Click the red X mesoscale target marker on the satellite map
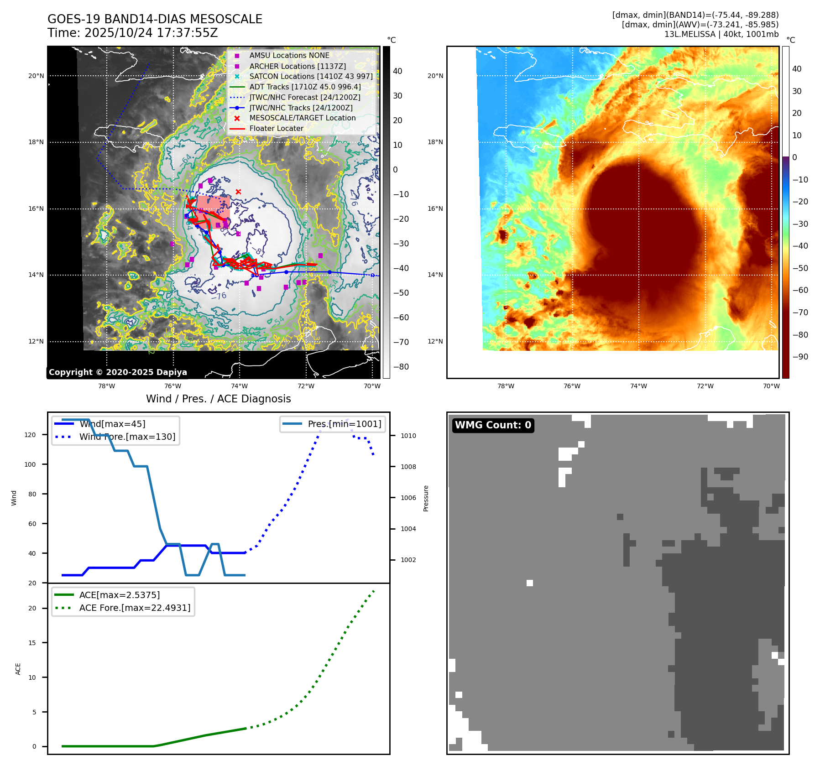point(238,192)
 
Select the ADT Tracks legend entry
point(305,87)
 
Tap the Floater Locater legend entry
point(276,129)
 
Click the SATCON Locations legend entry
point(311,76)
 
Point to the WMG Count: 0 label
point(493,425)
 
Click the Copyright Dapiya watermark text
point(118,372)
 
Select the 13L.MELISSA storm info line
point(721,34)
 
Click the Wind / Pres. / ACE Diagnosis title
point(218,399)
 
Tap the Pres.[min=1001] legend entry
point(344,424)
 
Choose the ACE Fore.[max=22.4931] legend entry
point(135,608)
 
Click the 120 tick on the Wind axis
point(30,435)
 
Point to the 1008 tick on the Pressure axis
point(408,467)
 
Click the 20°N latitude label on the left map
point(36,76)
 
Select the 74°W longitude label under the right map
point(638,386)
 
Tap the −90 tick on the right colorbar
point(800,357)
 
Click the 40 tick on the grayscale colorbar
point(397,71)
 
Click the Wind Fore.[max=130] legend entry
point(127,437)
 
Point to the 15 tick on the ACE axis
point(32,643)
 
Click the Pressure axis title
point(426,498)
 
